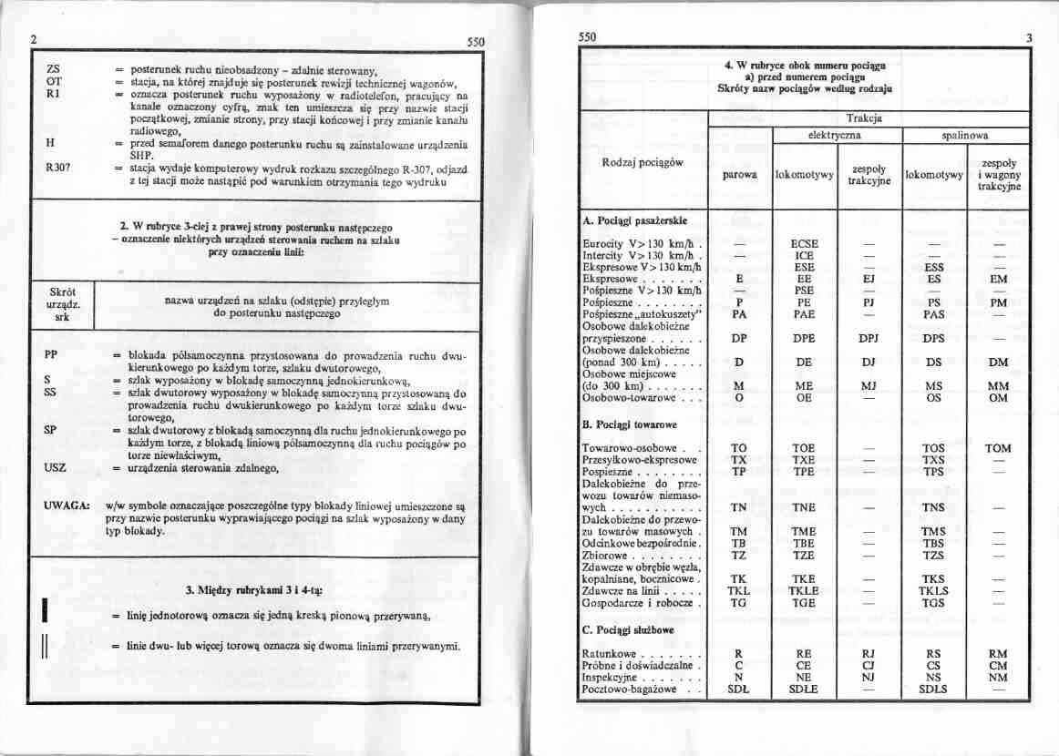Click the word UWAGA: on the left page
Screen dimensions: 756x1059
click(65, 504)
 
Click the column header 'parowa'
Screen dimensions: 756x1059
click(739, 175)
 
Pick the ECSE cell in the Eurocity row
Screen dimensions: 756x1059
click(804, 244)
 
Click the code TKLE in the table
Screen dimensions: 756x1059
click(804, 590)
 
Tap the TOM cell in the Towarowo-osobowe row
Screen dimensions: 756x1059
click(998, 448)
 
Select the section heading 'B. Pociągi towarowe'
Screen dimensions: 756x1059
click(628, 425)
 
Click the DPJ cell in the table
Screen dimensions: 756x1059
click(868, 338)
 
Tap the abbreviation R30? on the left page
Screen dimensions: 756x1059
click(58, 169)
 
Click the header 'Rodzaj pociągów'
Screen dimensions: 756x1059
click(644, 162)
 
